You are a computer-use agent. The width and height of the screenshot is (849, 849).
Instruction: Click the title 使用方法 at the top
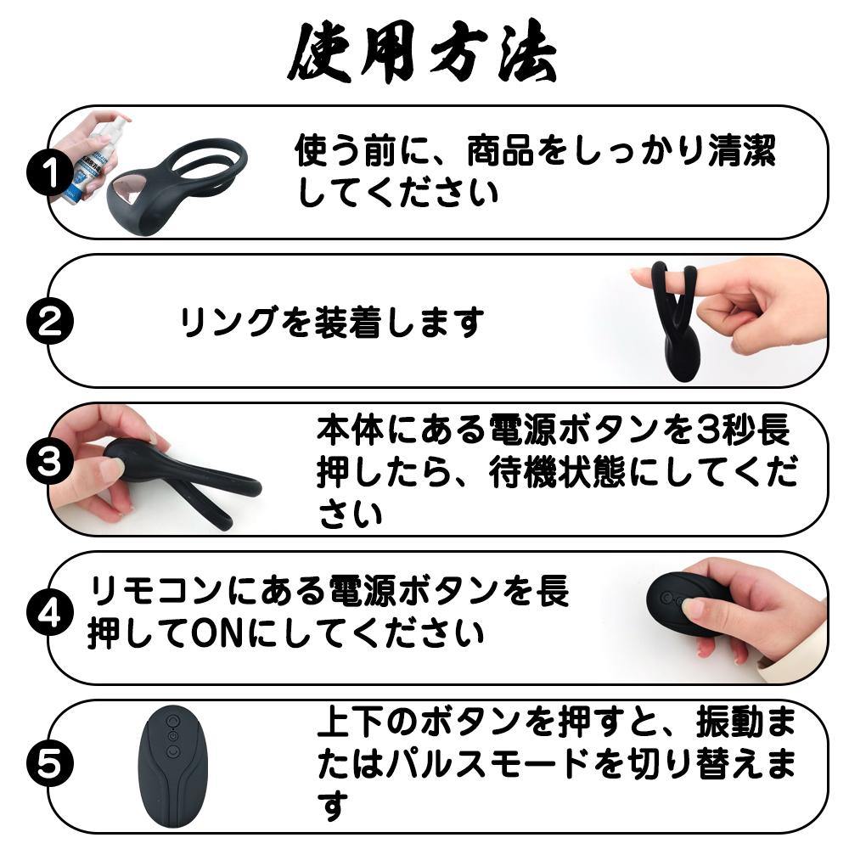tap(423, 53)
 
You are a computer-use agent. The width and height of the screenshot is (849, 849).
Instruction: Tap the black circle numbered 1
tap(50, 173)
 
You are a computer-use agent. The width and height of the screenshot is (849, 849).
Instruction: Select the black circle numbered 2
tap(50, 321)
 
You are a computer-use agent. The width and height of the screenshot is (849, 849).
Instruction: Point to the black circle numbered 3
tap(50, 463)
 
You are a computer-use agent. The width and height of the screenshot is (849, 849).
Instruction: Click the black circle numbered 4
tap(50, 612)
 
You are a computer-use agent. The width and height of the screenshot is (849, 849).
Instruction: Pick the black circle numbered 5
tap(50, 763)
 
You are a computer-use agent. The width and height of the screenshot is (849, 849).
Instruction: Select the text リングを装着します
tap(331, 322)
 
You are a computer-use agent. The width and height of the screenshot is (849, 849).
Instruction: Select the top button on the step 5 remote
tap(172, 720)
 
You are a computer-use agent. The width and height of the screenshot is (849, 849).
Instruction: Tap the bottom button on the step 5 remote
tap(172, 751)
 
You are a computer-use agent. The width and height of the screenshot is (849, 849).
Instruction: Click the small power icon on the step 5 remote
tap(172, 736)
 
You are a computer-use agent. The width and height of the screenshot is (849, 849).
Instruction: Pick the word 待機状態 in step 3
tap(557, 473)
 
